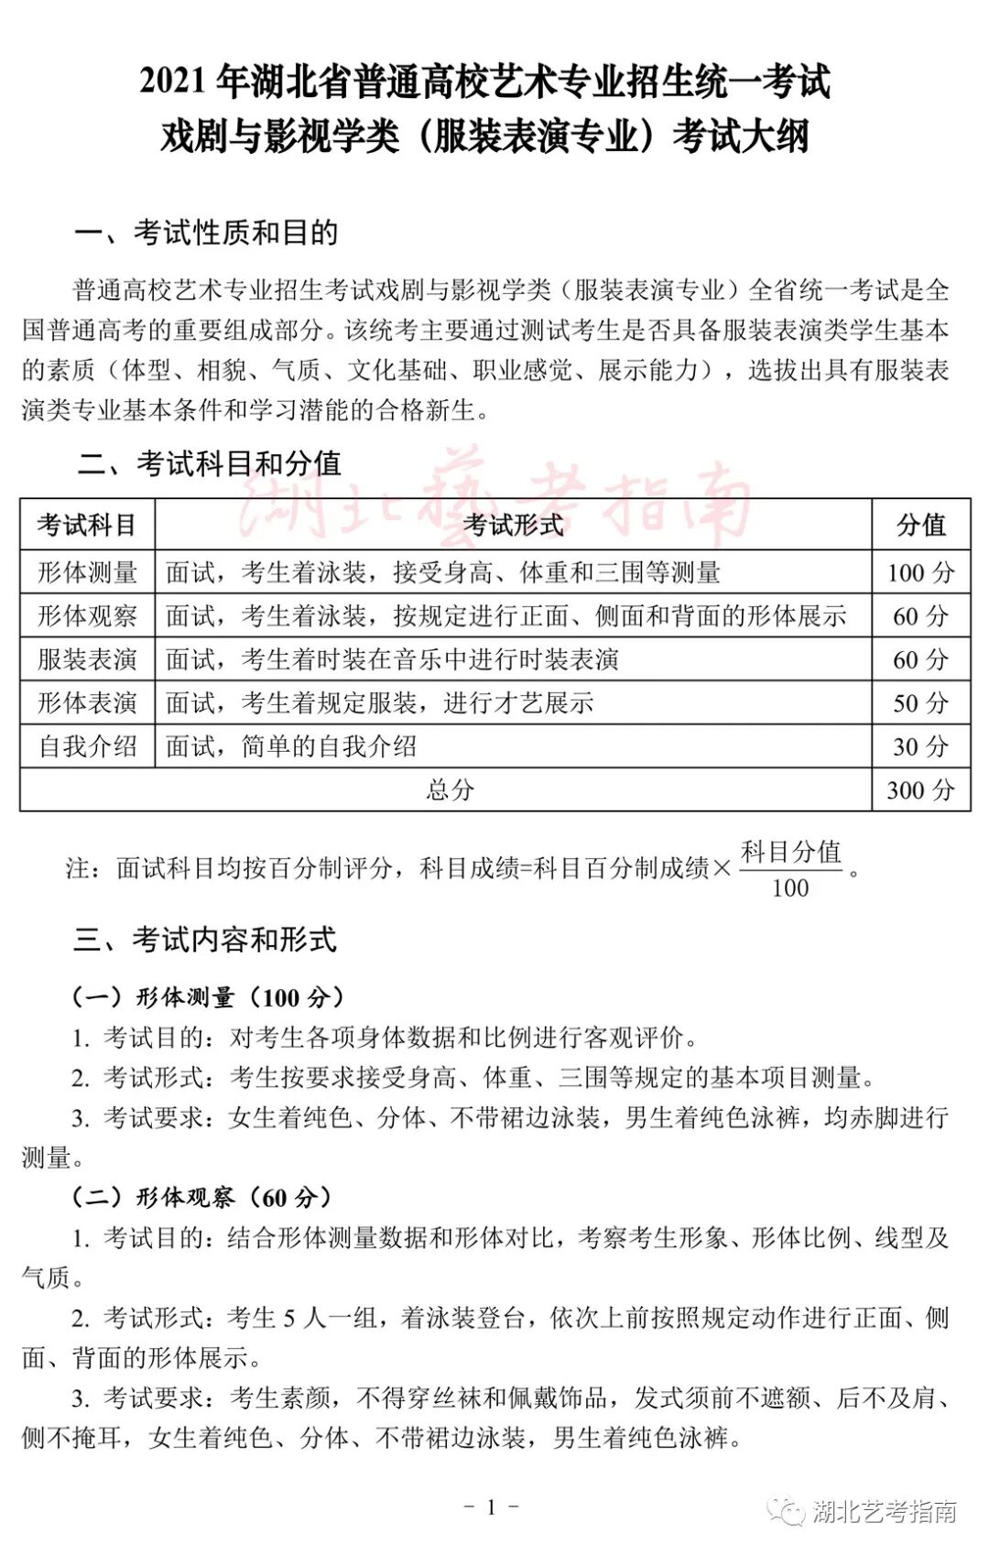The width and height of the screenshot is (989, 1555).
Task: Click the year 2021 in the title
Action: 173,82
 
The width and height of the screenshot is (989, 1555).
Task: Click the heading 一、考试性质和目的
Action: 206,233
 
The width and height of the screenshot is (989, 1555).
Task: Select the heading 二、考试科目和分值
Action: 209,463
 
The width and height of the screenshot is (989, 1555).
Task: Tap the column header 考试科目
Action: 87,525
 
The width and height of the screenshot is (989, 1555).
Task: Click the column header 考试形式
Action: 513,525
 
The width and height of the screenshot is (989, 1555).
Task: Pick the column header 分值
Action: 920,525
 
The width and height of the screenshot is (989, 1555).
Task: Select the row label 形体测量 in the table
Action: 87,572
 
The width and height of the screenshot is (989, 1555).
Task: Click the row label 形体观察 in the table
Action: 87,615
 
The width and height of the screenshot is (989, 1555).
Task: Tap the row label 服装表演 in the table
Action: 87,659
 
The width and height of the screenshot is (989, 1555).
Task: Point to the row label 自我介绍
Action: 87,746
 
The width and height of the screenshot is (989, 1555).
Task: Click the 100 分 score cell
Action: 920,572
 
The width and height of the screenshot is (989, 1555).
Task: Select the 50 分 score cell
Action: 920,703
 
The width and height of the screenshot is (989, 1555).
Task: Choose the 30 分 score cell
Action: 920,746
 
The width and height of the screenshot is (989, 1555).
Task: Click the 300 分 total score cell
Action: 920,789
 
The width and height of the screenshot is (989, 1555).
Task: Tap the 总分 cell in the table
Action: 450,789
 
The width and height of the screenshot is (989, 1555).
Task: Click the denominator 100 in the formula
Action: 789,888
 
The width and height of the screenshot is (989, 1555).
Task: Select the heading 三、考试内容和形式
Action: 205,940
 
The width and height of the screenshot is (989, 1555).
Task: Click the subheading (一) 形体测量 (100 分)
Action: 209,997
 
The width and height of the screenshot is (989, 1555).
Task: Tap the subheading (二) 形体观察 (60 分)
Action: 202,1197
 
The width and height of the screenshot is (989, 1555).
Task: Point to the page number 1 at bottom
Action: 492,1506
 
